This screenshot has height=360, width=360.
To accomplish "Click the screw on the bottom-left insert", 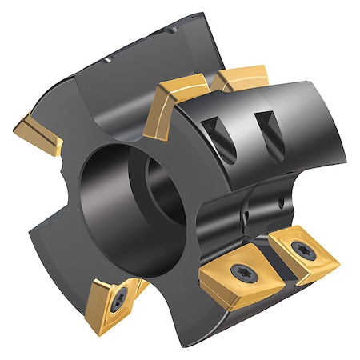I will click(119, 302).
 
